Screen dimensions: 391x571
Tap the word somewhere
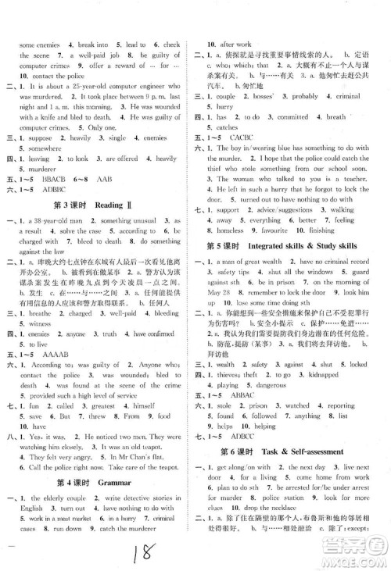(x=39, y=148)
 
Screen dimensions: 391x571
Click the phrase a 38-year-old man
(x=52, y=221)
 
